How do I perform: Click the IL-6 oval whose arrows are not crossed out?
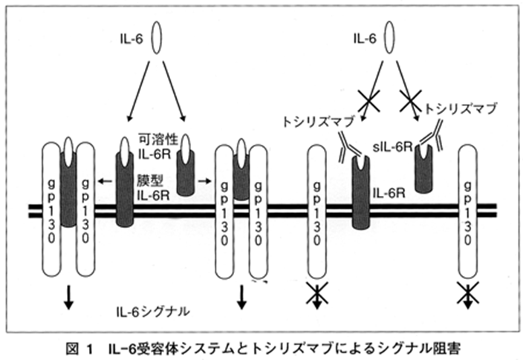pos(157,38)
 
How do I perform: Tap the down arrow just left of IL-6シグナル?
pos(68,296)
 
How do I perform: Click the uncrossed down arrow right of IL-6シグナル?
pos(242,296)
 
